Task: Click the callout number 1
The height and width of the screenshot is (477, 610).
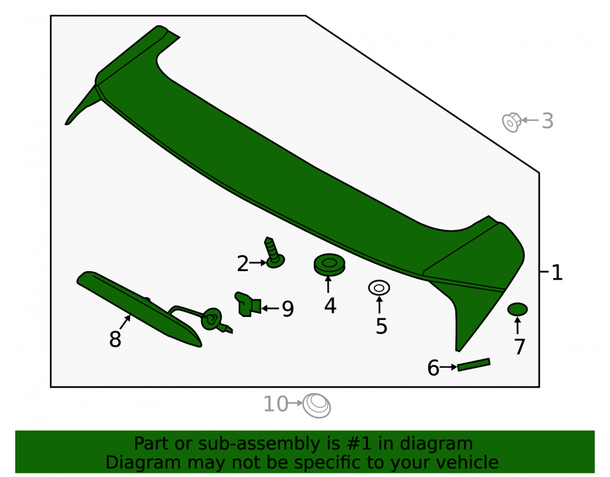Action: click(x=557, y=272)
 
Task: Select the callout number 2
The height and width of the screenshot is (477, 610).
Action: click(x=243, y=264)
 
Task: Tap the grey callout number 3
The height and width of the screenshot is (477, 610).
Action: click(x=548, y=121)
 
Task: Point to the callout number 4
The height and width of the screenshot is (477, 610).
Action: click(x=330, y=306)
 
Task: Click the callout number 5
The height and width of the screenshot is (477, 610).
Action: click(x=381, y=326)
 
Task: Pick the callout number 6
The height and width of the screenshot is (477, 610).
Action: click(x=433, y=368)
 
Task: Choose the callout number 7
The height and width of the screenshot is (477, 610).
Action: click(x=520, y=346)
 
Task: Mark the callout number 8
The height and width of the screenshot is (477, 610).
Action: click(x=115, y=339)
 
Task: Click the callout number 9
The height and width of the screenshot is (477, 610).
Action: click(x=288, y=309)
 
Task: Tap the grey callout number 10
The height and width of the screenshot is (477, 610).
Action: click(x=276, y=404)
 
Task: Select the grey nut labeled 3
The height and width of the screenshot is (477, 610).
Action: click(x=512, y=122)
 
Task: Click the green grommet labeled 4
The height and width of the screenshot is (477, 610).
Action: click(x=329, y=265)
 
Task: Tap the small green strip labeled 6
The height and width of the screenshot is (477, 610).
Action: click(x=474, y=365)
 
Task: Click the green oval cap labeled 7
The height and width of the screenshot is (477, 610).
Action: click(x=517, y=310)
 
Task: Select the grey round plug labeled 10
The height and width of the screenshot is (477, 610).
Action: click(x=317, y=406)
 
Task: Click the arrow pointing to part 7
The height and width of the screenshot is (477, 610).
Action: click(x=517, y=326)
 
